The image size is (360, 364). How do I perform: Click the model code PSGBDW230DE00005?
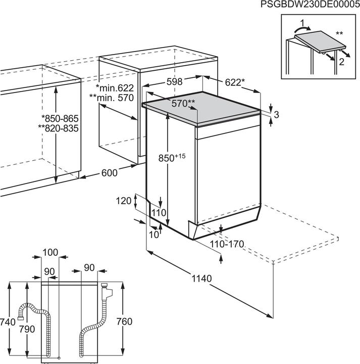tap(310, 4)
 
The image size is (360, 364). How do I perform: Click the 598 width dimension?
tap(175, 82)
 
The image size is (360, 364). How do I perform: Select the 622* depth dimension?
tap(235, 82)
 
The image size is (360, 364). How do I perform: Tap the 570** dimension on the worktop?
tap(183, 103)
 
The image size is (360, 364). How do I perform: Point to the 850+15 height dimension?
tap(172, 158)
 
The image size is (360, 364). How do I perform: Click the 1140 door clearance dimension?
tap(201, 279)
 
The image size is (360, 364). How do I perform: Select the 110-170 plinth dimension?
tap(227, 244)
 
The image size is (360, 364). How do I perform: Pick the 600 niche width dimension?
tap(110, 173)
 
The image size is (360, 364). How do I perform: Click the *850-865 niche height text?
tap(60, 119)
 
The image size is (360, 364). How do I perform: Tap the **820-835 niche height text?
tap(58, 128)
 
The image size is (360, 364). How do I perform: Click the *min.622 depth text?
tap(115, 88)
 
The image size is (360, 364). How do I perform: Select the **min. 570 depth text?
tap(112, 98)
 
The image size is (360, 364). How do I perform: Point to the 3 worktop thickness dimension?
tap(276, 114)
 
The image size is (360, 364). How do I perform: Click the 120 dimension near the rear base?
tap(124, 201)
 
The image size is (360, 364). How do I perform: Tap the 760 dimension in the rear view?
tap(125, 322)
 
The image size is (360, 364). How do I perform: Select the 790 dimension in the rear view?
tap(27, 329)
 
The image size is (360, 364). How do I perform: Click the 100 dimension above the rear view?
tap(50, 252)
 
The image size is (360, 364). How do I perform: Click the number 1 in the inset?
tap(302, 23)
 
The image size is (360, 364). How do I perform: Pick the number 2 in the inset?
tap(341, 62)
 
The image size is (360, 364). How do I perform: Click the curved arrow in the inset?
tap(301, 29)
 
